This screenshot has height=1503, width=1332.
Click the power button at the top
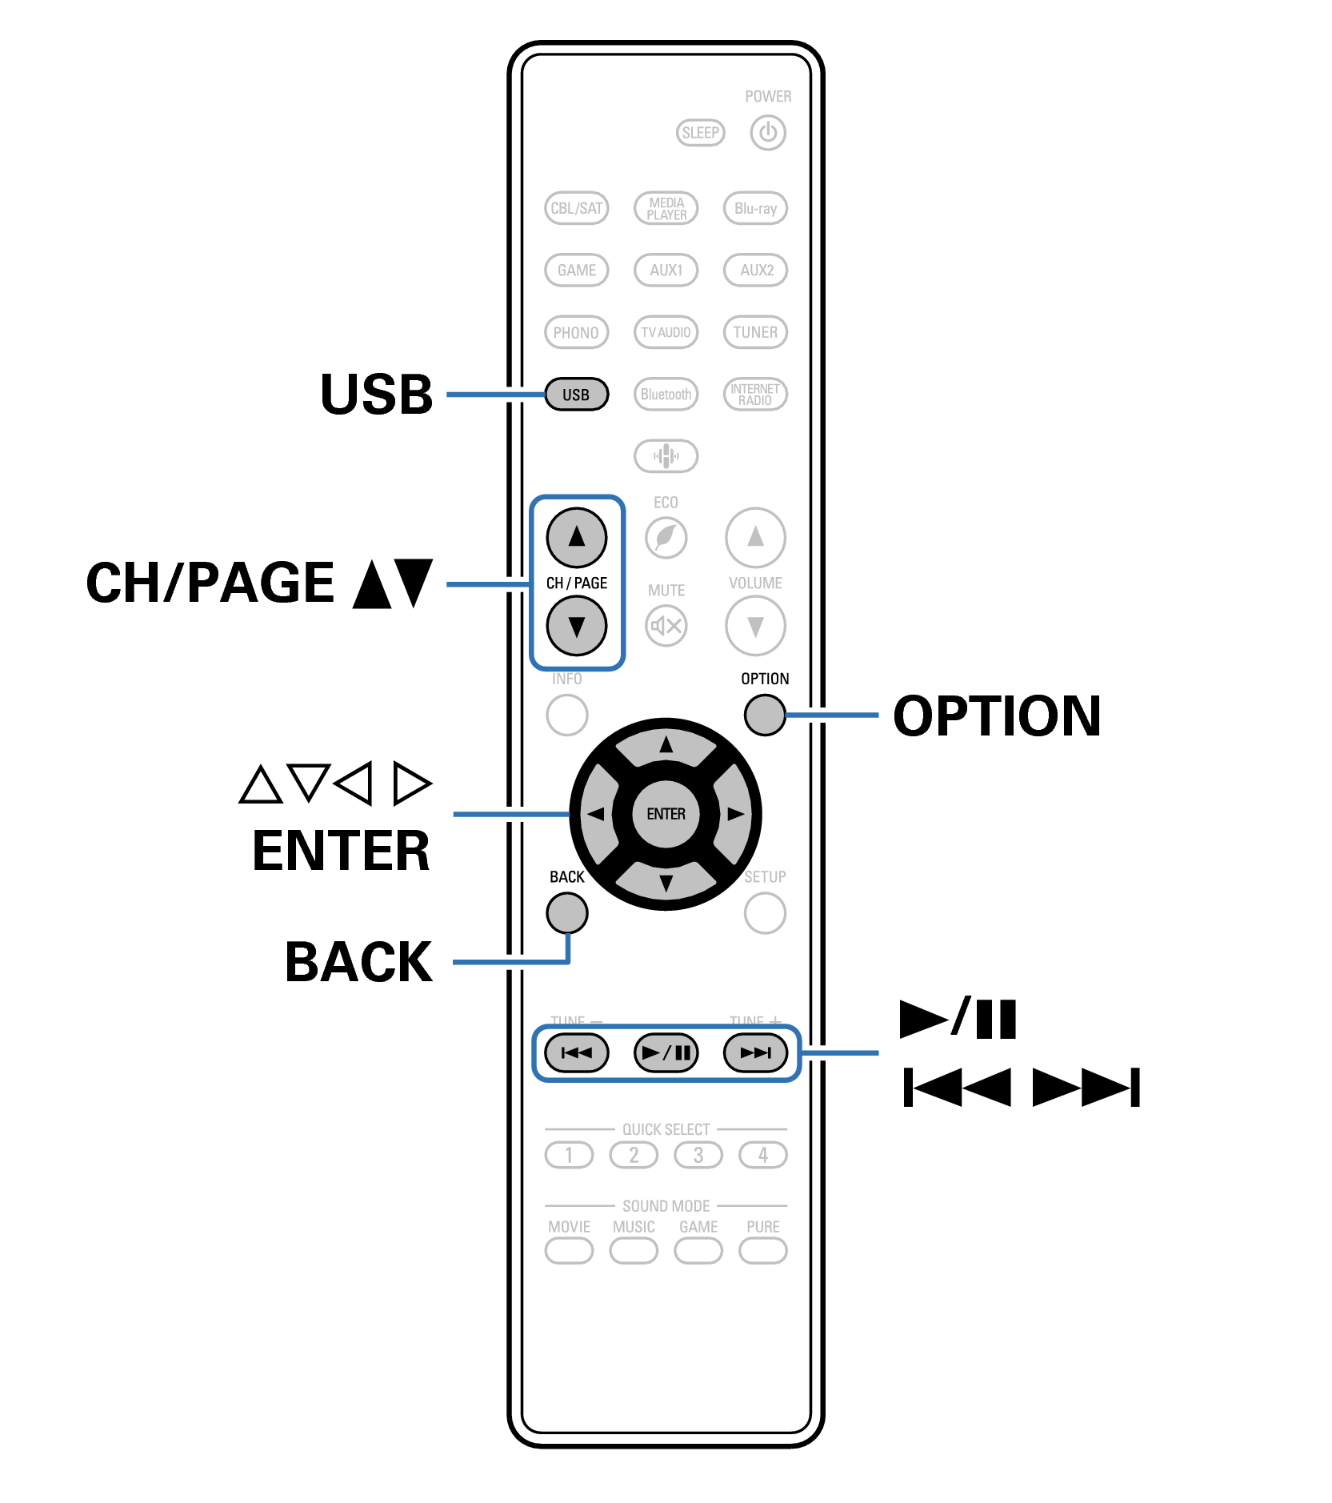767,132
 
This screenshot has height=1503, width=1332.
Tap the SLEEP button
700,132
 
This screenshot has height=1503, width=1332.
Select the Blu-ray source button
755,208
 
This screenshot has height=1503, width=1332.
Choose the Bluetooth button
666,394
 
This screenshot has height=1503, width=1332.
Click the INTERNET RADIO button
755,394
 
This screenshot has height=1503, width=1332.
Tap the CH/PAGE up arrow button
576,537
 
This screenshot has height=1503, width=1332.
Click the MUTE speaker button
666,625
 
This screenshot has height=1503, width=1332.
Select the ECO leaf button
666,537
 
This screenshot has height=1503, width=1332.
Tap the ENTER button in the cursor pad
666,814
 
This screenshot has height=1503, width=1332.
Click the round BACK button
567,913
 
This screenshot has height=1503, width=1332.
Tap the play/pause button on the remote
666,1052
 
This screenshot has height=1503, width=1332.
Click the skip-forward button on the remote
755,1052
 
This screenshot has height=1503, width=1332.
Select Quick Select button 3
698,1155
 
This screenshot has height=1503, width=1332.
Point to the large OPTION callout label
997,715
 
